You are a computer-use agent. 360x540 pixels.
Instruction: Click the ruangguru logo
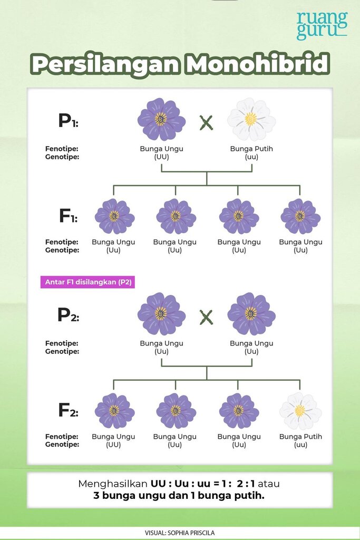(x=322, y=25)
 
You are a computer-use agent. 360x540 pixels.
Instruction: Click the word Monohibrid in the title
(x=257, y=64)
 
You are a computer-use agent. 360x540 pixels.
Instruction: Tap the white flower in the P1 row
(x=251, y=119)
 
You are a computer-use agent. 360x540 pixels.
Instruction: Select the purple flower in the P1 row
(x=161, y=119)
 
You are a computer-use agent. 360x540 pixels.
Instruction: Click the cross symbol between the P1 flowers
(x=206, y=122)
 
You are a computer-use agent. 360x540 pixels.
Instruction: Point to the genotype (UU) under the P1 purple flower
(x=161, y=157)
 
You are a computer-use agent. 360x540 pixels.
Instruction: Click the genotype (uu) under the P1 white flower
(x=251, y=157)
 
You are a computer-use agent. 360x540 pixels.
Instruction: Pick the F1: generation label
(x=69, y=216)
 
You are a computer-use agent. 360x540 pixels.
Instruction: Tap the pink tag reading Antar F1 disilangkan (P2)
(x=87, y=282)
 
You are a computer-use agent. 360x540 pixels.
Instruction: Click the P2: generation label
(x=68, y=314)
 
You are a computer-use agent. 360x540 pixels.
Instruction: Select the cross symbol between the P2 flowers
(x=206, y=317)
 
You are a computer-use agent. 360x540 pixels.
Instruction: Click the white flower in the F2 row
(x=300, y=411)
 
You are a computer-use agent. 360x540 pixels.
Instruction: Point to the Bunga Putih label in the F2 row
(x=300, y=436)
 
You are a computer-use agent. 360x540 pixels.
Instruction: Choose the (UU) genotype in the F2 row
(x=113, y=445)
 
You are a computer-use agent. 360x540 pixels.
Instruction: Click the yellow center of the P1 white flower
(x=251, y=119)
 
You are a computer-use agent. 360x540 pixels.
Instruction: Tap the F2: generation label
(x=68, y=410)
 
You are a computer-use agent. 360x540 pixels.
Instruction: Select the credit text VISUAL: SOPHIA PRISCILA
(x=180, y=533)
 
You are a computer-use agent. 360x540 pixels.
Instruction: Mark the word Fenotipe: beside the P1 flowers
(x=62, y=149)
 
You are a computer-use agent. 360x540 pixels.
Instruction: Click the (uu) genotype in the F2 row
(x=300, y=445)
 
